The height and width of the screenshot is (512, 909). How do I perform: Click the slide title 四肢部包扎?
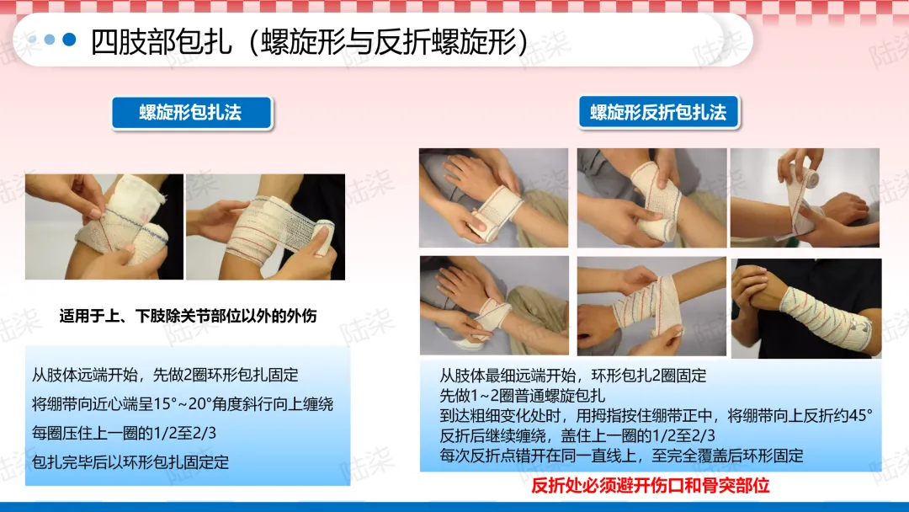[161, 41]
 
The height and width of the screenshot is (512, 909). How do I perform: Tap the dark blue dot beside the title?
[69, 40]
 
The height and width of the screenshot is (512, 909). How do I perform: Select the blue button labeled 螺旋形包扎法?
[191, 113]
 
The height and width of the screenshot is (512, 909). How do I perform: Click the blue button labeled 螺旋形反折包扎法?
[658, 112]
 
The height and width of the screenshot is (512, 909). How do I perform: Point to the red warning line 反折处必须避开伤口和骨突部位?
[651, 485]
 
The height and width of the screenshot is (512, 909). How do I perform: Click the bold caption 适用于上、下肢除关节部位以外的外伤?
[188, 316]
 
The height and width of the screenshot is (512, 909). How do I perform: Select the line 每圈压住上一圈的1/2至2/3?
[124, 433]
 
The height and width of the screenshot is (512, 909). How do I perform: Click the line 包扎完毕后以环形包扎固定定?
[130, 462]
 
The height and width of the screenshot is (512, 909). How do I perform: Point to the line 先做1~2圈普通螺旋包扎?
[523, 396]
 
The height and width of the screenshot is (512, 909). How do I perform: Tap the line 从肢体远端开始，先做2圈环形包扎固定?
[165, 375]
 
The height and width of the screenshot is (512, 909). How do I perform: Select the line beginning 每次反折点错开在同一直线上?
[621, 456]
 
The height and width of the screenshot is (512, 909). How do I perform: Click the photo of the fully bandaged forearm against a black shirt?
[806, 308]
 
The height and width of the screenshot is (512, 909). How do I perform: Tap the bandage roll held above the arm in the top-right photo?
[805, 174]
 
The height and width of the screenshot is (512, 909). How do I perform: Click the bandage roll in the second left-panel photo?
[321, 237]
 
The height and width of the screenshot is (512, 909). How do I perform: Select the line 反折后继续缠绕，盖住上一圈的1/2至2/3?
[577, 435]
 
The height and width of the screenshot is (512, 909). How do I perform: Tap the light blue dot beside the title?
[50, 40]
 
